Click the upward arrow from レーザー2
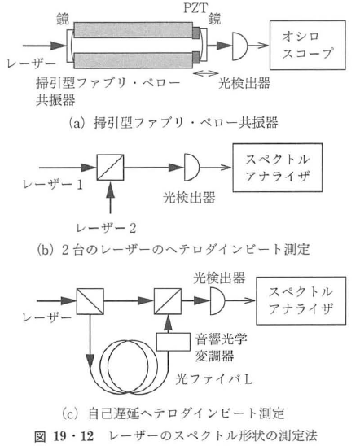108,206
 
